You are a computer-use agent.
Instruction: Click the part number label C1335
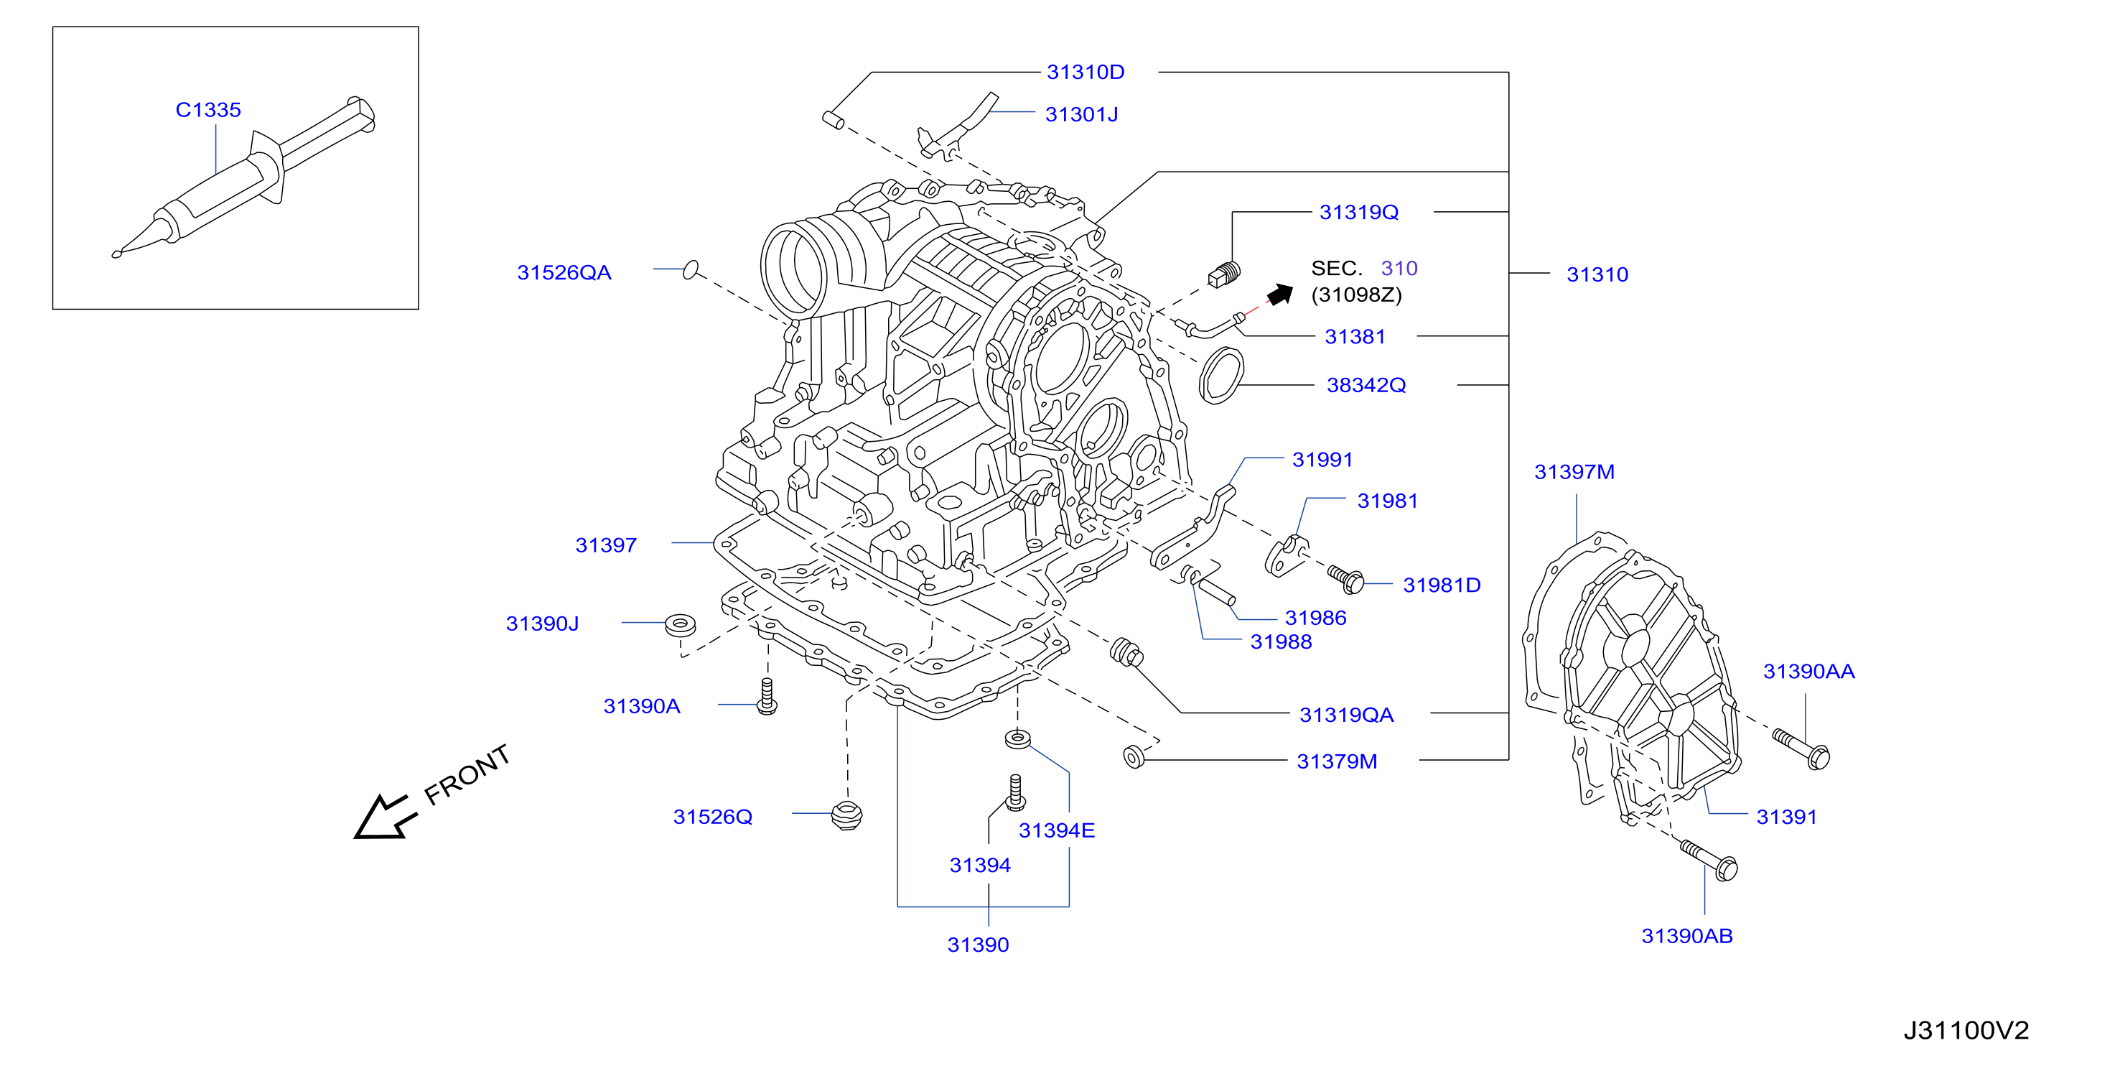point(208,110)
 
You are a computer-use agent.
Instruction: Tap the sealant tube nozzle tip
point(116,255)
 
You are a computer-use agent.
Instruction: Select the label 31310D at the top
point(1086,72)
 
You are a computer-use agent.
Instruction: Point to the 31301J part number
point(1081,115)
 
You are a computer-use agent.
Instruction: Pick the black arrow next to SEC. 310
point(1280,293)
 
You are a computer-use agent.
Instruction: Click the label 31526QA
point(564,273)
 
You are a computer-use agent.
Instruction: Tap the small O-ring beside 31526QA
point(691,269)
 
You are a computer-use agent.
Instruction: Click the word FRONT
point(467,774)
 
